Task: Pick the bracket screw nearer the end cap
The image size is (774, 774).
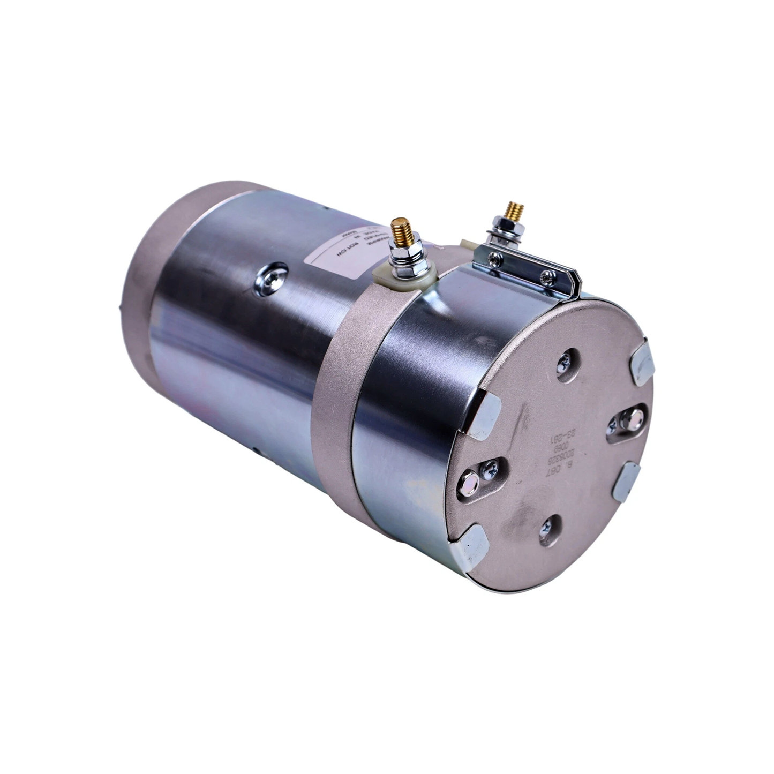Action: (x=547, y=276)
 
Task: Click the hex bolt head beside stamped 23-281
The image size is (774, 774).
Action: (x=627, y=419)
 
